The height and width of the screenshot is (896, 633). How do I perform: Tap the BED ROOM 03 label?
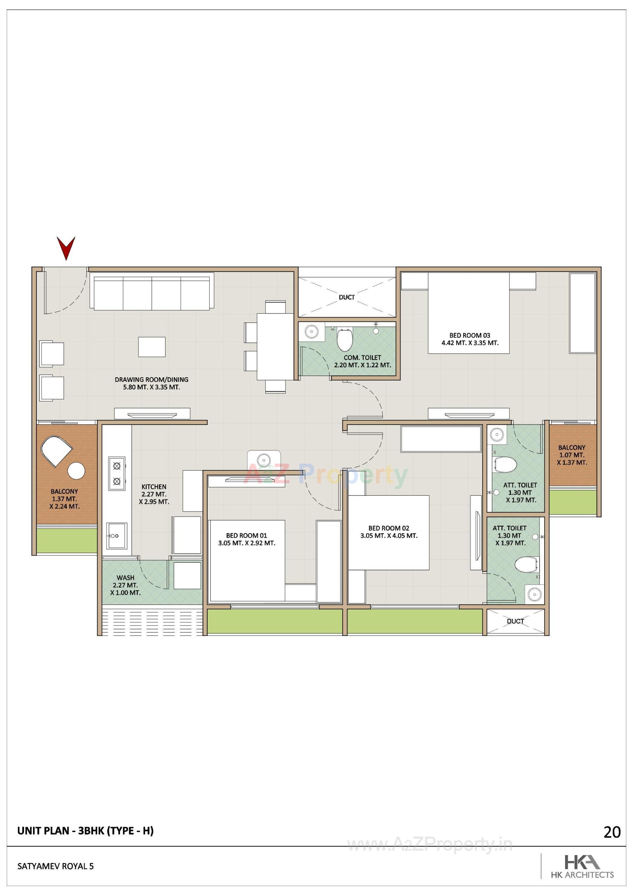469,335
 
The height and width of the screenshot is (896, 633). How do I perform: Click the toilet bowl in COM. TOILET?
344,340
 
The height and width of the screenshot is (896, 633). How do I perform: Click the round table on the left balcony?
76,471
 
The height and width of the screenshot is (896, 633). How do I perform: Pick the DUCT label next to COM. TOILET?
347,297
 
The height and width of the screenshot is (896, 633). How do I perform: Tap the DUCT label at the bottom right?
515,621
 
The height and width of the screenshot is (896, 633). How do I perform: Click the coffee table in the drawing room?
152,347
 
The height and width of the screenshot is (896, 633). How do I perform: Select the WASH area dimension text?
125,589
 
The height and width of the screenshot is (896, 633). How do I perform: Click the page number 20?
612,832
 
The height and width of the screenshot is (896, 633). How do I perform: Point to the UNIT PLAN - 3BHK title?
85,830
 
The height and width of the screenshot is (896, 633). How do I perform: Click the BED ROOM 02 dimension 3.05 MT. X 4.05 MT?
389,536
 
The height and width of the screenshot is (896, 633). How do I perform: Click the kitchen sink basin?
117,536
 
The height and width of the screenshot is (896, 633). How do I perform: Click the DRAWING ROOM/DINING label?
151,379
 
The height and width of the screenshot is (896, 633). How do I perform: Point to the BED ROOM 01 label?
247,536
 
